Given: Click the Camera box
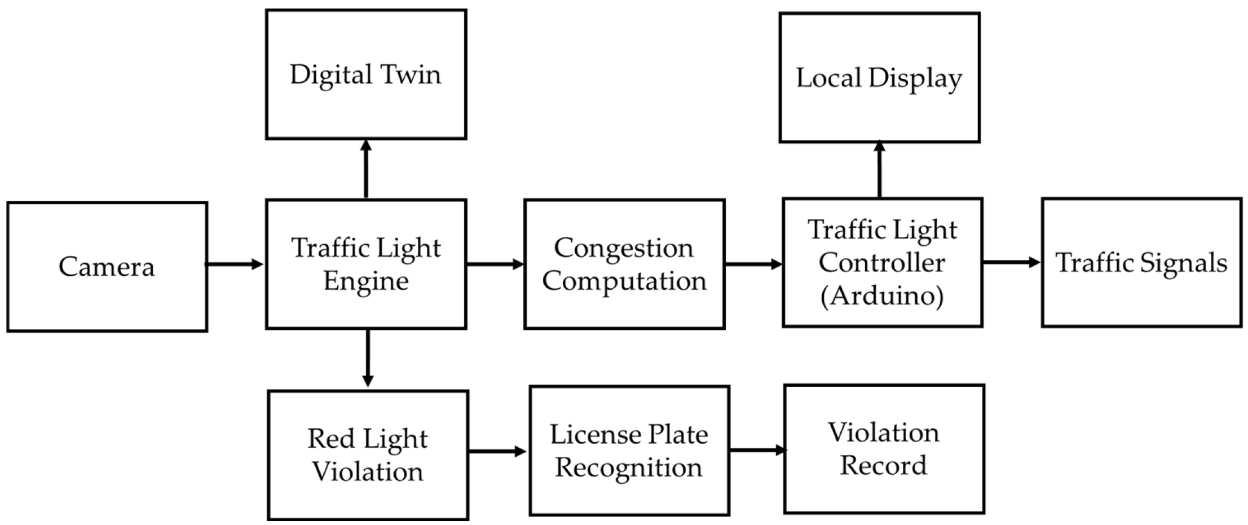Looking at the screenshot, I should click(107, 267).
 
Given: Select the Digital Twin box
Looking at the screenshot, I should click(366, 74).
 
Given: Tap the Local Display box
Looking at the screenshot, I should click(879, 78).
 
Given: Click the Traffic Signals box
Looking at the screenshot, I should click(1141, 263).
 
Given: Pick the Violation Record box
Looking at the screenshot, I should click(884, 449).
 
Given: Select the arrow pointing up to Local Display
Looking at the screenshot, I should click(879, 169).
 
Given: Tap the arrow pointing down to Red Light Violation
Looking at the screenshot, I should click(368, 359).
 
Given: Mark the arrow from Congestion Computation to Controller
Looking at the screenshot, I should click(753, 264).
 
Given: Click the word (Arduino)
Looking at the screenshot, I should click(882, 295).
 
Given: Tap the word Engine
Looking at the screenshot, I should click(366, 281).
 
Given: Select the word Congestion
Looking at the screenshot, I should click(624, 248).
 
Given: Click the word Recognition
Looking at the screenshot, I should click(629, 467).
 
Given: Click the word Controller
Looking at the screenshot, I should click(882, 263).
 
